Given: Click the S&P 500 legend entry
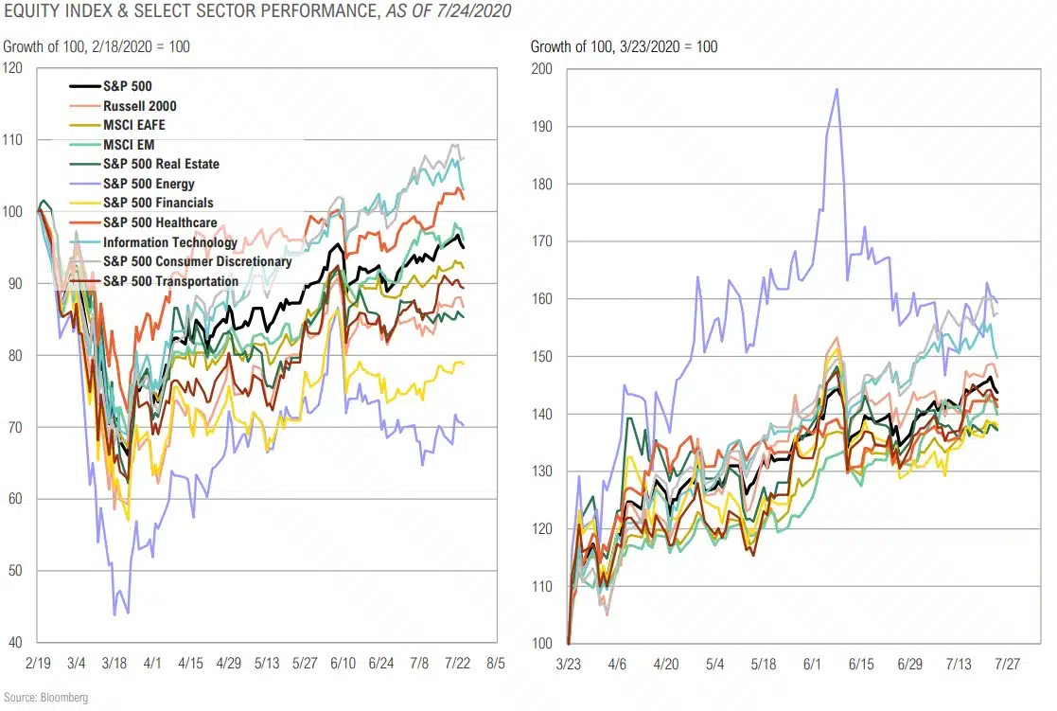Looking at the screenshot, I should pos(127,86).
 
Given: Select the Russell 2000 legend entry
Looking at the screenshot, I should pos(139,106).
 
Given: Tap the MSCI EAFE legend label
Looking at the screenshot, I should pos(135,125).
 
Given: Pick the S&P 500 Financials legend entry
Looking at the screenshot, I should pos(158,203).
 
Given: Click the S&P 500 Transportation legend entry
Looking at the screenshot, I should pos(170,281).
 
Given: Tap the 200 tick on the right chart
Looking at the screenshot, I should pos(540,68).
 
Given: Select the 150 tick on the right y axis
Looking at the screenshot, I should pos(540,356).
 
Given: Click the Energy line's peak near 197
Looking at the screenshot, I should pos(837,89).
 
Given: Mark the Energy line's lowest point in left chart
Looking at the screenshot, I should pos(115,614).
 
